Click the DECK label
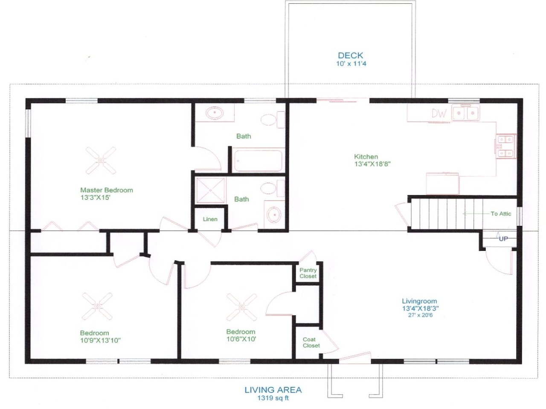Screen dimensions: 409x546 pyautogui.click(x=350, y=55)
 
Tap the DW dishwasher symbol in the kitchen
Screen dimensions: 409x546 pyautogui.click(x=439, y=113)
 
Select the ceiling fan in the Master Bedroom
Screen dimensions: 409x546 pyautogui.click(x=101, y=160)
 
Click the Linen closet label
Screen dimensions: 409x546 pyautogui.click(x=210, y=219)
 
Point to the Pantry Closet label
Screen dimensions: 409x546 pyautogui.click(x=308, y=273)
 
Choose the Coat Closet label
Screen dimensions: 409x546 pyautogui.click(x=311, y=343)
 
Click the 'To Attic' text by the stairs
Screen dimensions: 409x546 pyautogui.click(x=500, y=213)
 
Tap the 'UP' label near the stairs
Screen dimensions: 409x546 pyautogui.click(x=503, y=239)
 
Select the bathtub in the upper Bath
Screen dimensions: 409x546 pyautogui.click(x=258, y=161)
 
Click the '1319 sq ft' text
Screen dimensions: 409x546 pyautogui.click(x=273, y=398)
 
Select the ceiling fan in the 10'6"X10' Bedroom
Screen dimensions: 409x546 pyautogui.click(x=242, y=307)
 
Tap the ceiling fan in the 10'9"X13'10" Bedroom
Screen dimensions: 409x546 pyautogui.click(x=97, y=306)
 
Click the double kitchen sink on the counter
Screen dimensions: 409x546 pyautogui.click(x=465, y=113)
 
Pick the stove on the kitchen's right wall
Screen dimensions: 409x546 pyautogui.click(x=506, y=146)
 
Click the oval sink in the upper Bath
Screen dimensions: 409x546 pyautogui.click(x=215, y=114)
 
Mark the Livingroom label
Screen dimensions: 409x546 pyautogui.click(x=419, y=301)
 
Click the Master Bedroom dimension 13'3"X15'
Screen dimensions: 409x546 pyautogui.click(x=96, y=198)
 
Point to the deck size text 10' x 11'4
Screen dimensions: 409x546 pyautogui.click(x=351, y=63)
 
